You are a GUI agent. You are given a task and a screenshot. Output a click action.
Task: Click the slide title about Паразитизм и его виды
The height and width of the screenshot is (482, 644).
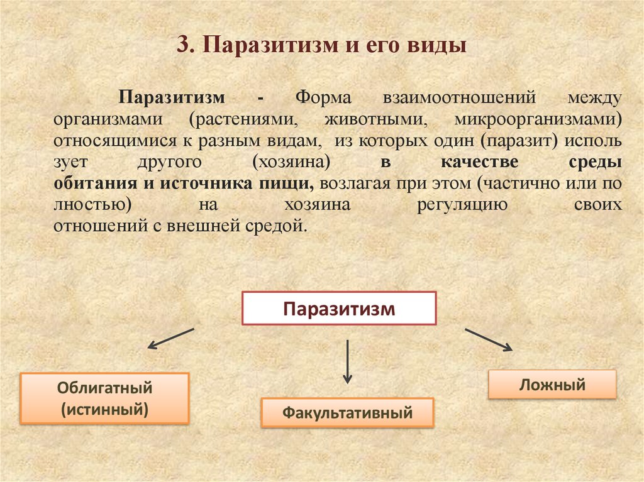[x=321, y=47]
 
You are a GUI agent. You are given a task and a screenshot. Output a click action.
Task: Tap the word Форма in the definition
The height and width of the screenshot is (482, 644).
[x=323, y=99]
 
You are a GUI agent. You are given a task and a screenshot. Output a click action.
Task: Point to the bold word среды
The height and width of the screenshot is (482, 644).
[x=599, y=162]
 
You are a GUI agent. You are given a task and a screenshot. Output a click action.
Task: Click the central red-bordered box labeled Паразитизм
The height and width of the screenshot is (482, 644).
[x=339, y=308]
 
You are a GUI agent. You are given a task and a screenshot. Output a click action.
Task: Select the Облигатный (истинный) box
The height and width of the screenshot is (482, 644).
[x=105, y=398]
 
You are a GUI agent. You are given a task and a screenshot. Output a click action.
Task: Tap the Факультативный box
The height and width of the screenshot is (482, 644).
[x=347, y=413]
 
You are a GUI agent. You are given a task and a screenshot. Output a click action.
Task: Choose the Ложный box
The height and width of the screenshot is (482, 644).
[x=552, y=384]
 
